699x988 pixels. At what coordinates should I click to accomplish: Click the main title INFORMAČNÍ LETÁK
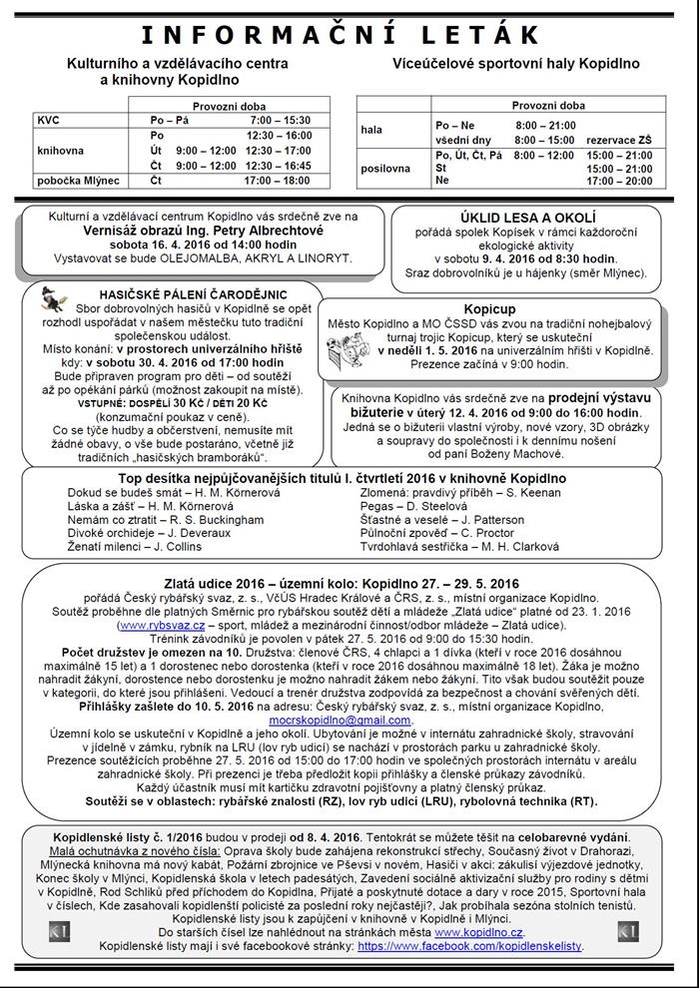tap(349, 35)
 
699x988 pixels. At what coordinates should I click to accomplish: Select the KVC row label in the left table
tap(48, 120)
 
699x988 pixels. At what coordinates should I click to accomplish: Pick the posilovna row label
tap(384, 169)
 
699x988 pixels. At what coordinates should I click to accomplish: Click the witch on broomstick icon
tap(56, 297)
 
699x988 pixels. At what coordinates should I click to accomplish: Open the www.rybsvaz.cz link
tap(149, 626)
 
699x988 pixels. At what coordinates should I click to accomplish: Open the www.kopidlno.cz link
tap(474, 930)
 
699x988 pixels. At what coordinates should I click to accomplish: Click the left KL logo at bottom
tap(59, 931)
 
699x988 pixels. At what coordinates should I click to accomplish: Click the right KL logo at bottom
tap(627, 931)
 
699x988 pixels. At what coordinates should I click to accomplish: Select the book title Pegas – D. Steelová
tap(409, 506)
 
